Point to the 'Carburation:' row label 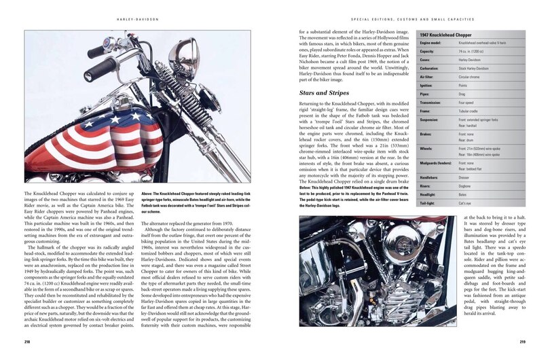point(430,67)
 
